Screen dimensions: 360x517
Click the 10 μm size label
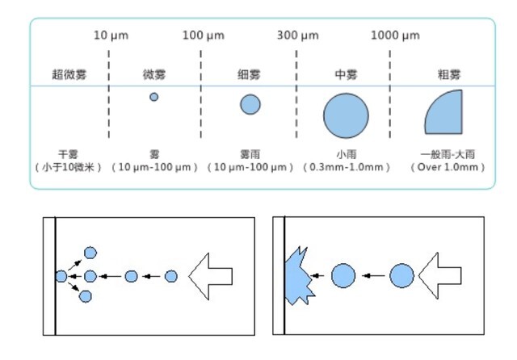(111, 36)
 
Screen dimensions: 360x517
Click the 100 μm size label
(203, 36)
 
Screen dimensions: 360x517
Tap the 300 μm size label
(298, 36)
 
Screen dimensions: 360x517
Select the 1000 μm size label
(395, 36)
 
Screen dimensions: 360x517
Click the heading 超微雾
(69, 75)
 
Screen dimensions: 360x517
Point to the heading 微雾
(154, 75)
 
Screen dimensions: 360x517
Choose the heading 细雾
(250, 75)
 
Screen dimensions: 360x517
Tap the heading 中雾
(346, 75)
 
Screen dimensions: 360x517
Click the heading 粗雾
(447, 75)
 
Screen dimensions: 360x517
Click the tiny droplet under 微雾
(153, 97)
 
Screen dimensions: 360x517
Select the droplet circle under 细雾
(250, 104)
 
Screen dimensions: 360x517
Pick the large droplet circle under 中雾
(346, 115)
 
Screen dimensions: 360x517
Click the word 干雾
(69, 153)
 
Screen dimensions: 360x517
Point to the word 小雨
(346, 153)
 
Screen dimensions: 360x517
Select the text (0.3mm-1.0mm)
(346, 167)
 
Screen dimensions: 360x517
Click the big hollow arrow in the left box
(212, 276)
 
